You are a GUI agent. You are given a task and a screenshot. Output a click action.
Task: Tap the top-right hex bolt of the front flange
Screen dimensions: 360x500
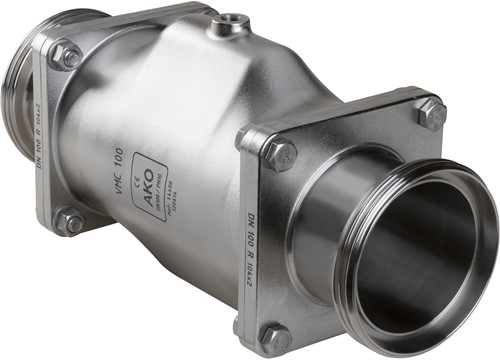click(431, 112)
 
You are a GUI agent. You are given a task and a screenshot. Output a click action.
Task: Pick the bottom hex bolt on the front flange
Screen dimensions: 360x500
click(277, 338)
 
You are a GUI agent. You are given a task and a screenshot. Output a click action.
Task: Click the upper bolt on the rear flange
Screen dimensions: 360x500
click(64, 57)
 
